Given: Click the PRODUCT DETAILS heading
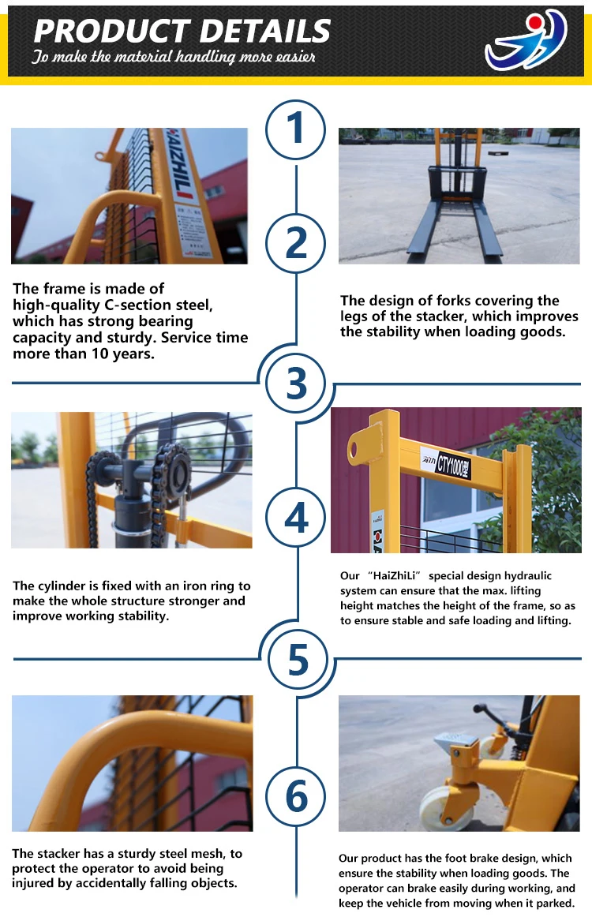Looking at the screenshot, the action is [182, 31].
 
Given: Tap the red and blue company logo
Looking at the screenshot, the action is [526, 39].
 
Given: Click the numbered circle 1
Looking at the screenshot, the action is [295, 130].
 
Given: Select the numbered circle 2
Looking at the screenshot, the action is [296, 243].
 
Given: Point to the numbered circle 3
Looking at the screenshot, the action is [296, 383].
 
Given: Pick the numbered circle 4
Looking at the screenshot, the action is [296, 517].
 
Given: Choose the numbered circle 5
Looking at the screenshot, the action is [298, 659].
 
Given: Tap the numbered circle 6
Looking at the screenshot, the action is [296, 796].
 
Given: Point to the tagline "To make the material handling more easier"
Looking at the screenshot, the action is [174, 57].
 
